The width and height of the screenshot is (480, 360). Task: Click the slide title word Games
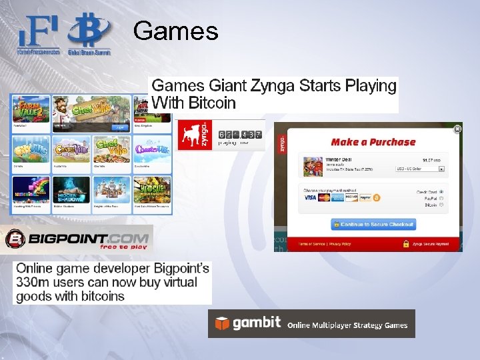(x=175, y=31)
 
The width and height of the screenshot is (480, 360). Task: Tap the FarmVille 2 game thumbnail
(x=31, y=109)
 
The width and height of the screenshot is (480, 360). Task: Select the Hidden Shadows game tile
(x=71, y=189)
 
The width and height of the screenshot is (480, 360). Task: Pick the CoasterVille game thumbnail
(x=153, y=149)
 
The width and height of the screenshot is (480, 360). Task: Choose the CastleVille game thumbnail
(x=71, y=149)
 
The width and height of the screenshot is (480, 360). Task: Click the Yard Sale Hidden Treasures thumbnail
(x=153, y=189)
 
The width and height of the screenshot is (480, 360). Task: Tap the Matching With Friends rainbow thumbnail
(x=31, y=189)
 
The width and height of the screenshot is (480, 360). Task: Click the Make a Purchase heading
(x=373, y=141)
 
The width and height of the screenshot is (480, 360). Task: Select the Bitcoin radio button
(x=441, y=205)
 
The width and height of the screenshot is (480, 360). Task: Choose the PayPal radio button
(x=441, y=199)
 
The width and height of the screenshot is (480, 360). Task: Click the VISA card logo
(x=311, y=198)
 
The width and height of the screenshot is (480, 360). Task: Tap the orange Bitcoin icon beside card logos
(x=377, y=198)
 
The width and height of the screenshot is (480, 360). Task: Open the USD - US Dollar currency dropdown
(x=419, y=169)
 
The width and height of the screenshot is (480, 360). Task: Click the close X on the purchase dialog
(x=457, y=129)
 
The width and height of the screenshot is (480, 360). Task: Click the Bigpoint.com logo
(x=77, y=239)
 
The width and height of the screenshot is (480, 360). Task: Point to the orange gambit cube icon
(x=221, y=324)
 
